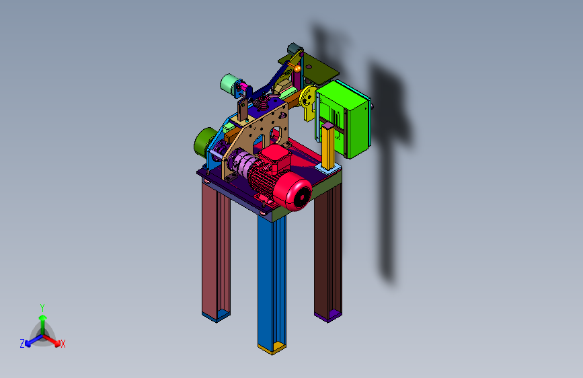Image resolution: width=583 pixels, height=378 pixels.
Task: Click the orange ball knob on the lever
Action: click(x=297, y=69)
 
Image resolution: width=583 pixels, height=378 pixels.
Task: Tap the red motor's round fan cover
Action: click(x=298, y=193)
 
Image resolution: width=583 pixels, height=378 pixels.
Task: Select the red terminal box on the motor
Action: click(x=275, y=158)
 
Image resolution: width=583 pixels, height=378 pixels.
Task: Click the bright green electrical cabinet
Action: click(x=343, y=118)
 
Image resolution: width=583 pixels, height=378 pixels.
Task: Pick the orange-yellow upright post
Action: click(x=329, y=145)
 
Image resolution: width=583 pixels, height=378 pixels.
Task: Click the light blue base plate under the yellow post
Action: click(x=329, y=169)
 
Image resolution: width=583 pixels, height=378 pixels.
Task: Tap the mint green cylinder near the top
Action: click(x=229, y=85)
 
